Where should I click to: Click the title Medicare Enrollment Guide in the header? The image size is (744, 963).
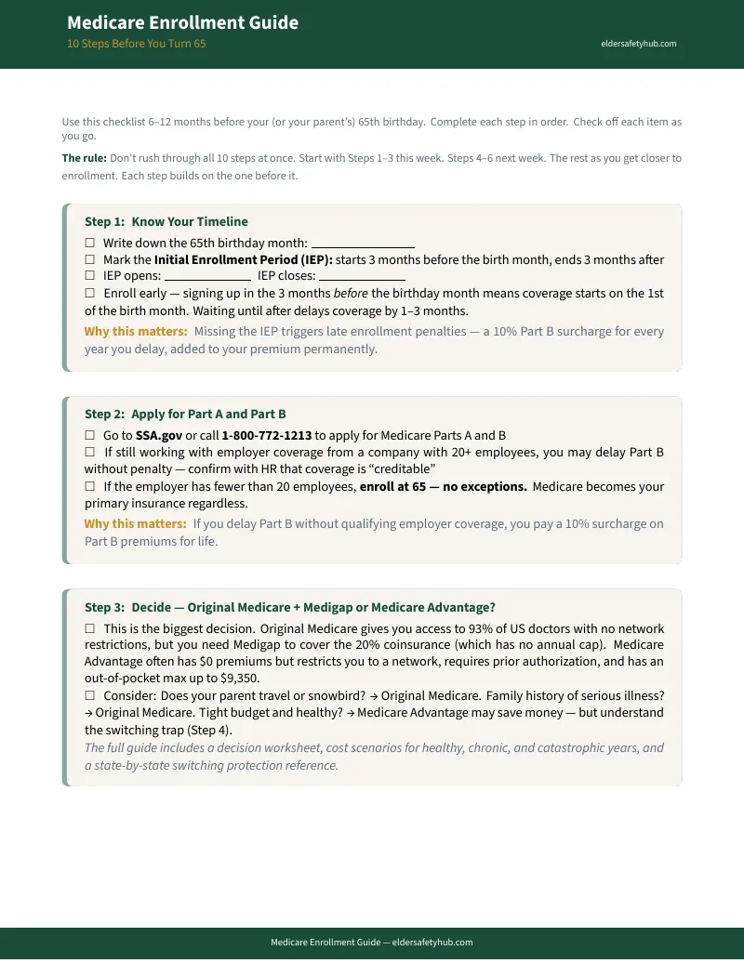[x=182, y=22]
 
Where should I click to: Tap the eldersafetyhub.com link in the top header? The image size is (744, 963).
[x=638, y=44]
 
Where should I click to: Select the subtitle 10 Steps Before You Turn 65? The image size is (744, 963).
[x=136, y=44]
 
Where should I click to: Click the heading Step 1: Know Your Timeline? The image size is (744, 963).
[x=166, y=221]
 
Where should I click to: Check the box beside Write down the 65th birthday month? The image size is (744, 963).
[x=90, y=244]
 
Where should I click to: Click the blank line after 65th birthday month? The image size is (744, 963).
[x=363, y=244]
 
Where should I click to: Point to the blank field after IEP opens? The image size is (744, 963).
[x=207, y=277]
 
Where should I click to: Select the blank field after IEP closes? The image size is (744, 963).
[x=363, y=277]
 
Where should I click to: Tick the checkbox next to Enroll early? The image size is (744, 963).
[x=90, y=294]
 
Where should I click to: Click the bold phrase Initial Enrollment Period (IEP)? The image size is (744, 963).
[x=244, y=260]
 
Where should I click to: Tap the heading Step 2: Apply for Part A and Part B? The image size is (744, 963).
[x=185, y=414]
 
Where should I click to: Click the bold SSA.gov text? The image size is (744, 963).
[x=159, y=435]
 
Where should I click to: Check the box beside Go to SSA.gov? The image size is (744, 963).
[x=90, y=435]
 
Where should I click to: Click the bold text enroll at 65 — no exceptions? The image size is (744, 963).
[x=444, y=486]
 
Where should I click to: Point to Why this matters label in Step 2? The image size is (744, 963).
[x=135, y=523]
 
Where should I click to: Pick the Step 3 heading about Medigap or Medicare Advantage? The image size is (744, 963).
[x=290, y=607]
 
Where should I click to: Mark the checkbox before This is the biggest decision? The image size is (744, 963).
[x=90, y=629]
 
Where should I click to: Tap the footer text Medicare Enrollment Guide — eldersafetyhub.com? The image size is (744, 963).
[x=372, y=942]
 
